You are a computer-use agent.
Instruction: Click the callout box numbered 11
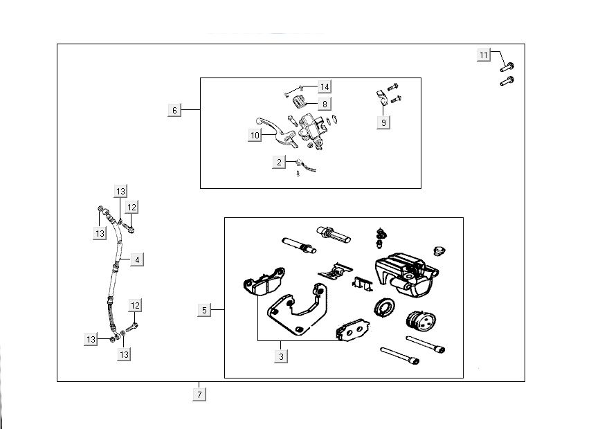pyautogui.click(x=484, y=55)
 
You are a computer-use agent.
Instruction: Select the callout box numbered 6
pyautogui.click(x=174, y=110)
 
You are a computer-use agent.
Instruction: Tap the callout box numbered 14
pyautogui.click(x=325, y=86)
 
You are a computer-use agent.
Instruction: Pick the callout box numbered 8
pyautogui.click(x=325, y=104)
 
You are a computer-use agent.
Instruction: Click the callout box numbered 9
pyautogui.click(x=383, y=122)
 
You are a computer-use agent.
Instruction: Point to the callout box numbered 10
pyautogui.click(x=255, y=136)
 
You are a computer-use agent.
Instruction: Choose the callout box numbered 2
pyautogui.click(x=280, y=163)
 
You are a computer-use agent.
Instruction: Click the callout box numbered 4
pyautogui.click(x=137, y=260)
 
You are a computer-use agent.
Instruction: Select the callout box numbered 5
pyautogui.click(x=205, y=311)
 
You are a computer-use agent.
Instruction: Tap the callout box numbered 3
pyautogui.click(x=281, y=356)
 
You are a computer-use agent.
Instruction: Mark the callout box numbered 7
pyautogui.click(x=199, y=395)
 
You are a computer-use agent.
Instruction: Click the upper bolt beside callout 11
pyautogui.click(x=507, y=66)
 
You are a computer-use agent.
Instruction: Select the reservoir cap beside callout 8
pyautogui.click(x=300, y=103)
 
